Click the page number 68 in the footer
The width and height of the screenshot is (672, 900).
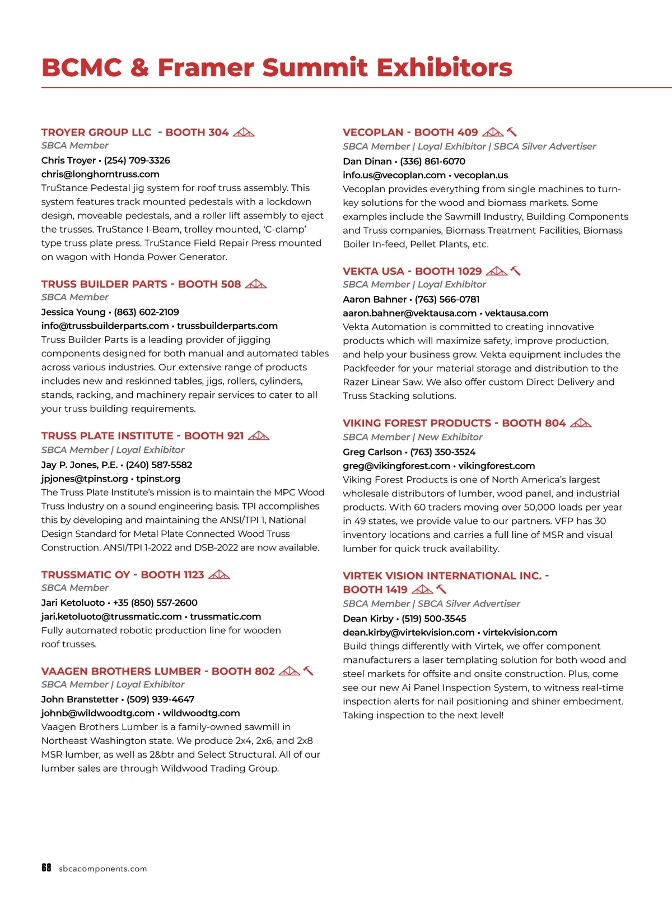pos(46,867)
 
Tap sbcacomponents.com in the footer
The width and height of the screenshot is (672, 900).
pos(103,869)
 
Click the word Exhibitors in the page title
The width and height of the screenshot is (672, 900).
pos(444,67)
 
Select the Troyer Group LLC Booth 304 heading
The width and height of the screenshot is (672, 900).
pos(135,132)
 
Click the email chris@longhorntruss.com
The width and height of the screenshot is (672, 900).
pos(100,174)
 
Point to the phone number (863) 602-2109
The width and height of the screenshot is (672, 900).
pos(146,312)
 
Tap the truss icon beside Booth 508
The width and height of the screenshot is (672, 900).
pos(256,284)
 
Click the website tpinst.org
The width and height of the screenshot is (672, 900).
pos(158,479)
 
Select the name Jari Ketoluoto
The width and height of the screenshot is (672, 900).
pos(73,602)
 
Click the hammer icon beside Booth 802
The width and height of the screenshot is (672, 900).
pos(309,671)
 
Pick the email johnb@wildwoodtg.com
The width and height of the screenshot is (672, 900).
pos(97,713)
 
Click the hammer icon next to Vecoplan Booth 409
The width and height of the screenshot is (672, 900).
pos(512,132)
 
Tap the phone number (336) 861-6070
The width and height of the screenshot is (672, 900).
pos(432,161)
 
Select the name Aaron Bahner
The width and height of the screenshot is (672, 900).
pos(375,299)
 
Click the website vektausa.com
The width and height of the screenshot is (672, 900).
pos(516,313)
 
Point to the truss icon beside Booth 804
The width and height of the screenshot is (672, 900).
pos(581,423)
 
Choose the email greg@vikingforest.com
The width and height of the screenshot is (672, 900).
pos(396,466)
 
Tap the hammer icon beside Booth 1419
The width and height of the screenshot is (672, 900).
pos(441,589)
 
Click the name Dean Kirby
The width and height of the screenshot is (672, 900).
pos(368,619)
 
